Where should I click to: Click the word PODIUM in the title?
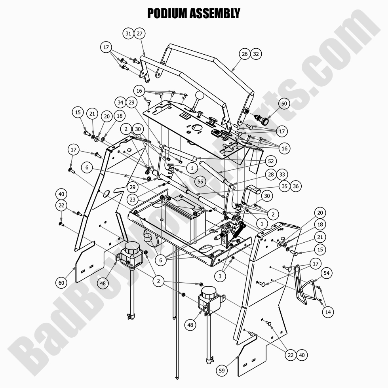pos(169,13)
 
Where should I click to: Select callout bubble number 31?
pos(128,34)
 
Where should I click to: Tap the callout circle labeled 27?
pos(139,34)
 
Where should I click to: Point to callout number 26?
pos(245,54)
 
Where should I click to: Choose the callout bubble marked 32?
pos(256,54)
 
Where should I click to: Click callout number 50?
pos(284,104)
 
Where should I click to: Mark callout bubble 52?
pos(271,162)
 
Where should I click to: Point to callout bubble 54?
pos(326,273)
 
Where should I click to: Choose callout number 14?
pos(328,312)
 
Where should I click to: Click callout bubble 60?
pos(61,283)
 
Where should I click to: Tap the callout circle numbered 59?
pos(222,371)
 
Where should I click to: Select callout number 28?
pos(270,175)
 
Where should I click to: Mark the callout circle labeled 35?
pos(284,186)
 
